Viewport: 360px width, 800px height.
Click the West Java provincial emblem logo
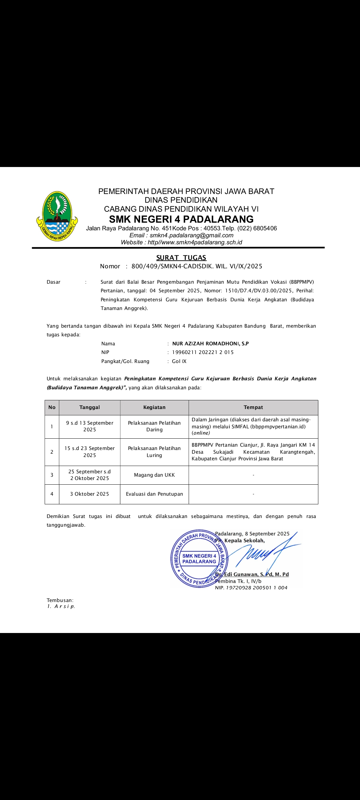coord(57,216)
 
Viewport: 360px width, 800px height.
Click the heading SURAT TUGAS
coord(181,258)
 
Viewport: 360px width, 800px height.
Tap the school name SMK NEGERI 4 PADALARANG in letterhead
coord(181,219)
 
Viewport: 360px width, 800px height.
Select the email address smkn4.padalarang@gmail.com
coord(191,235)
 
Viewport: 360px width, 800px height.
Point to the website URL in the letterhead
coord(195,242)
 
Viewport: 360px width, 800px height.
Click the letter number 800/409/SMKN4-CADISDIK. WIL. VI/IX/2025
coord(197,266)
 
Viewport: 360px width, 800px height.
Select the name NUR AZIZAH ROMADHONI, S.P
coord(210,344)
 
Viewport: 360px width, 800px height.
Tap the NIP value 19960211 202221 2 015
coord(203,352)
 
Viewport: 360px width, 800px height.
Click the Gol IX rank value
coord(179,361)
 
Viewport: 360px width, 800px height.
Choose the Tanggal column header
coord(90,407)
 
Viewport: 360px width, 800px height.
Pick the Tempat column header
coord(253,407)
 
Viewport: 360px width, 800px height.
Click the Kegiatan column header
coord(154,407)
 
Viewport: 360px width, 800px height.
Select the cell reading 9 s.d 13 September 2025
coord(90,426)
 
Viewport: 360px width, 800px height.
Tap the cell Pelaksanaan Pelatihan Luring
coord(154,452)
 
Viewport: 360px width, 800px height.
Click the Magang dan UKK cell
coord(154,475)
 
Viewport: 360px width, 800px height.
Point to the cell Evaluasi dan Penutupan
coord(154,494)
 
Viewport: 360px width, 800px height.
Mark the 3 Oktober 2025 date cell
coord(90,494)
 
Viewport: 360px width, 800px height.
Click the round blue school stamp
coord(199,559)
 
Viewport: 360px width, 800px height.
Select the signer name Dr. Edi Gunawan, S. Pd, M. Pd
coord(252,574)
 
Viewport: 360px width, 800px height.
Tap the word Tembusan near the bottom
coord(60,600)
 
